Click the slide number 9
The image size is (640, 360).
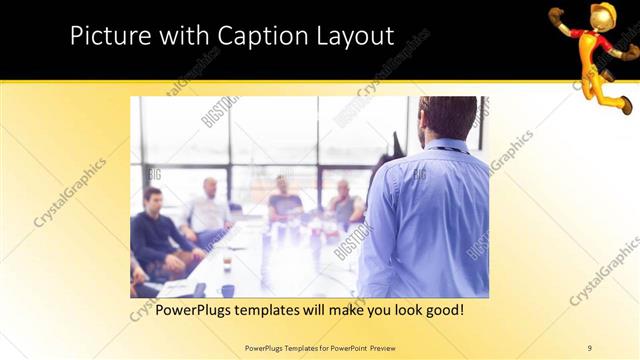tap(589, 347)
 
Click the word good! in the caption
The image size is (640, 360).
tap(439, 310)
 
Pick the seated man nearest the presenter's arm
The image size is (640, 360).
tap(344, 205)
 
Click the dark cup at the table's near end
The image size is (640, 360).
tap(227, 291)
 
